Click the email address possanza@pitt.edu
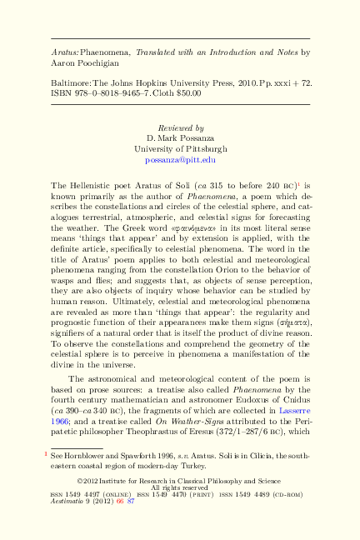click(x=180, y=158)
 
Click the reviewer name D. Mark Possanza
click(x=180, y=137)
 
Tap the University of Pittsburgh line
click(x=180, y=148)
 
